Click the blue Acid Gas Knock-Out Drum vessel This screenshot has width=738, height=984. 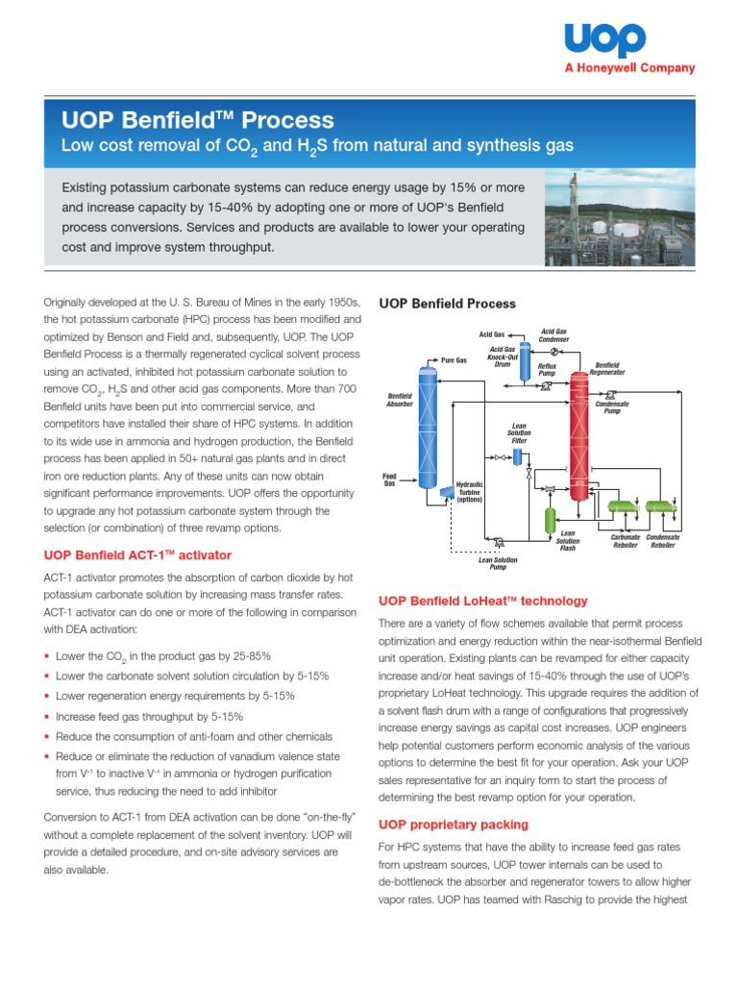point(526,355)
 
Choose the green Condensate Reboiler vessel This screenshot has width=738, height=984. point(659,508)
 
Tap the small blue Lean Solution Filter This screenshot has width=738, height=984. point(517,456)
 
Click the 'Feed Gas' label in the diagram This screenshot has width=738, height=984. point(390,479)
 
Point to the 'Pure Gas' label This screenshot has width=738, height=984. point(455,359)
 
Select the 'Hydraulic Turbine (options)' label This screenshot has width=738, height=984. point(476,492)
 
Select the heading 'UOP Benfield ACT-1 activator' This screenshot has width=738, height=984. point(138,555)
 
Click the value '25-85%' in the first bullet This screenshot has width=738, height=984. point(243,656)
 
